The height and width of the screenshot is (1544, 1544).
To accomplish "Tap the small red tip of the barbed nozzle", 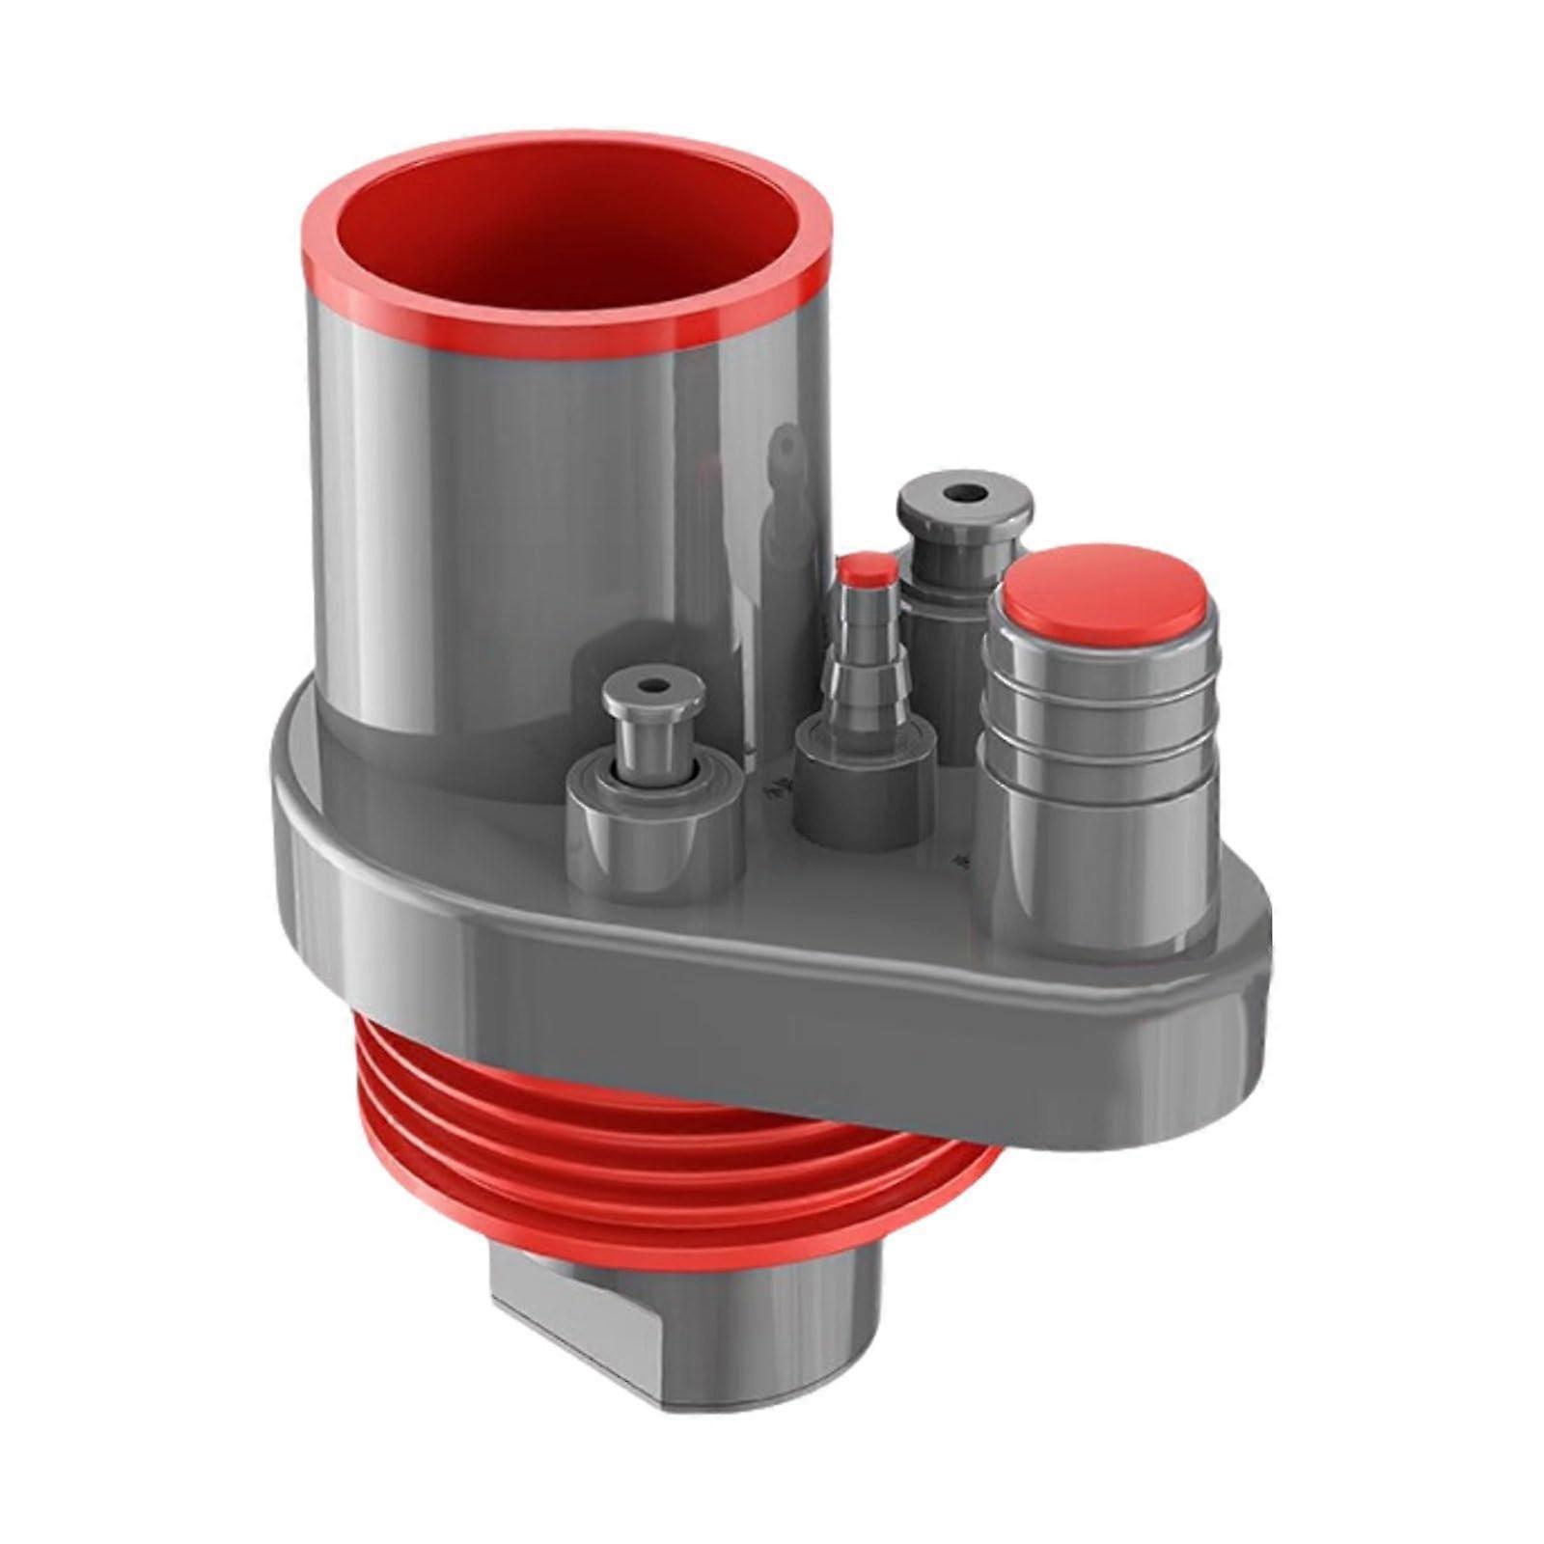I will click(x=865, y=572).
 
